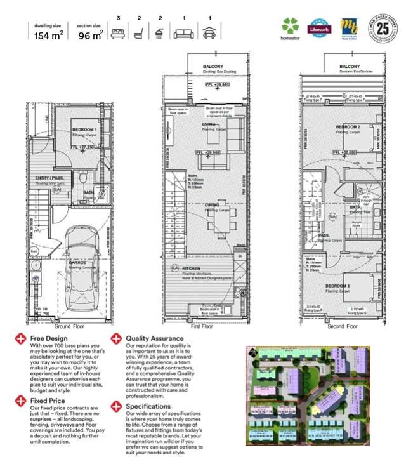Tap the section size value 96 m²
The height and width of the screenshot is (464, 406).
(90, 36)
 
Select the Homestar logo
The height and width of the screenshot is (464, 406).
(290, 28)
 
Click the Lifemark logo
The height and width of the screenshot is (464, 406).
(319, 28)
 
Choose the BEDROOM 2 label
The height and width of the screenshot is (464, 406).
(348, 127)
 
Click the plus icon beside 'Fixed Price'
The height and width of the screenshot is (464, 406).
(22, 401)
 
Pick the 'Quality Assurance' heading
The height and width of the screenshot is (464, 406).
(154, 339)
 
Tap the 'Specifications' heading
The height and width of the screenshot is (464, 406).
(148, 406)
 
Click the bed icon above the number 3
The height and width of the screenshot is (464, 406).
(117, 35)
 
